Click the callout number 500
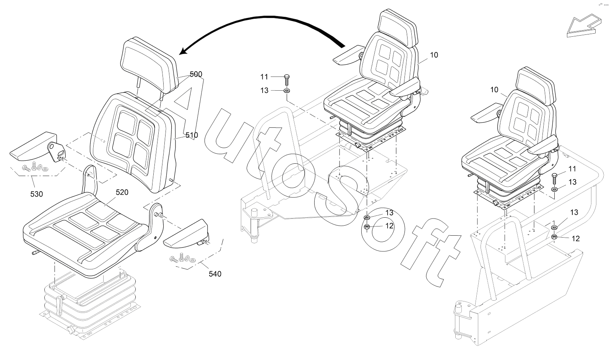pos(196,74)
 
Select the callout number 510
pos(191,135)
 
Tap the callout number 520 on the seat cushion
pos(122,192)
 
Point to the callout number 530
pos(37,194)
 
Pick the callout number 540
pos(215,274)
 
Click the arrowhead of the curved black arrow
pos(186,51)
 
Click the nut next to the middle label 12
pos(367,227)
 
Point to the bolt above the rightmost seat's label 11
pos(554,178)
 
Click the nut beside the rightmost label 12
pos(554,237)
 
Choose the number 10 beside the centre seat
pos(434,55)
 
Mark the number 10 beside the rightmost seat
pos(494,90)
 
